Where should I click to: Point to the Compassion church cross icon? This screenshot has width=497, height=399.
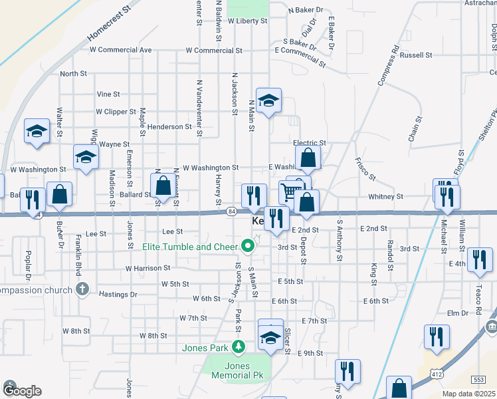coord(82,289)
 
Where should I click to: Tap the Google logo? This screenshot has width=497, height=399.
coord(22,390)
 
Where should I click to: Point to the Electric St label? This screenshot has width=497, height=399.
coord(310,143)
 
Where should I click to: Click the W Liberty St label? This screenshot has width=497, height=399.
coord(247,21)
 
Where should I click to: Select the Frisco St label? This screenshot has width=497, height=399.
coord(365,169)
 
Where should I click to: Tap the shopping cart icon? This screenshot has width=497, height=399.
coord(289,193)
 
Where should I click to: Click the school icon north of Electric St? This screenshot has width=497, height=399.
coord(268,100)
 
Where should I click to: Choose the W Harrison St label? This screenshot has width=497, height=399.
coord(148,268)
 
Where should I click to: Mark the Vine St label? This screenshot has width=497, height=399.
coord(108,94)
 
